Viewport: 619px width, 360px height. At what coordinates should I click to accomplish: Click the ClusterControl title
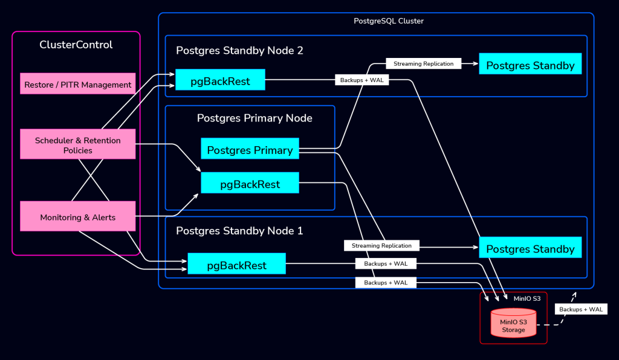coord(76,45)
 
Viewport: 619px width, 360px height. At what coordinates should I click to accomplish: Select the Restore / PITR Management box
coord(78,85)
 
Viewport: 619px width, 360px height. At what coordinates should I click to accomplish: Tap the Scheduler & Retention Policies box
coord(78,145)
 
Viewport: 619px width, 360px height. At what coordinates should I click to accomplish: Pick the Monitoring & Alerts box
coord(78,217)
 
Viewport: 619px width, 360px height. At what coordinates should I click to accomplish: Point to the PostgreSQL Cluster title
coord(389,21)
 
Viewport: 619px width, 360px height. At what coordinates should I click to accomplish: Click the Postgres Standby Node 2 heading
coord(239,51)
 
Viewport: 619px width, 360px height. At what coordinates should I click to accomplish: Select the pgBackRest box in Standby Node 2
coord(220,81)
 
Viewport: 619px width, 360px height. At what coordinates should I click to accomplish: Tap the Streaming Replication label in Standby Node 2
coord(423,63)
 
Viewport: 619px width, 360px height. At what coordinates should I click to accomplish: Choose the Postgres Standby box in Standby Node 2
coord(530,65)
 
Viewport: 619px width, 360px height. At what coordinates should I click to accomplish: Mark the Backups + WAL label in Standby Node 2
coord(361,80)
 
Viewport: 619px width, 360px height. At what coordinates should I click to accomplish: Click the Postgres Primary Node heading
coord(254,118)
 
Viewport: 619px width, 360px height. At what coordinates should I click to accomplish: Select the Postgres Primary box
coord(250,150)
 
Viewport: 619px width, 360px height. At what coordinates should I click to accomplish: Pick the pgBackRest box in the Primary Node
coord(250,184)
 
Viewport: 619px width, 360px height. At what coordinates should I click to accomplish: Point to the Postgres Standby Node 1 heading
coord(239,231)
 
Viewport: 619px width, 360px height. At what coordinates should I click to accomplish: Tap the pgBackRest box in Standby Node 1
coord(236,265)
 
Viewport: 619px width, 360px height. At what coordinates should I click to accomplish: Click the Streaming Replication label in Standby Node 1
coord(381,246)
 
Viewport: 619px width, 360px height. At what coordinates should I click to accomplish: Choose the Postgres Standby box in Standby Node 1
coord(530,248)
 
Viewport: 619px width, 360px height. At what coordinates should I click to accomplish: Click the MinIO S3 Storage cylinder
coord(513,324)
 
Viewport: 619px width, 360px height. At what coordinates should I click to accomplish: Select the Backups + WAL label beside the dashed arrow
coord(581,309)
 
